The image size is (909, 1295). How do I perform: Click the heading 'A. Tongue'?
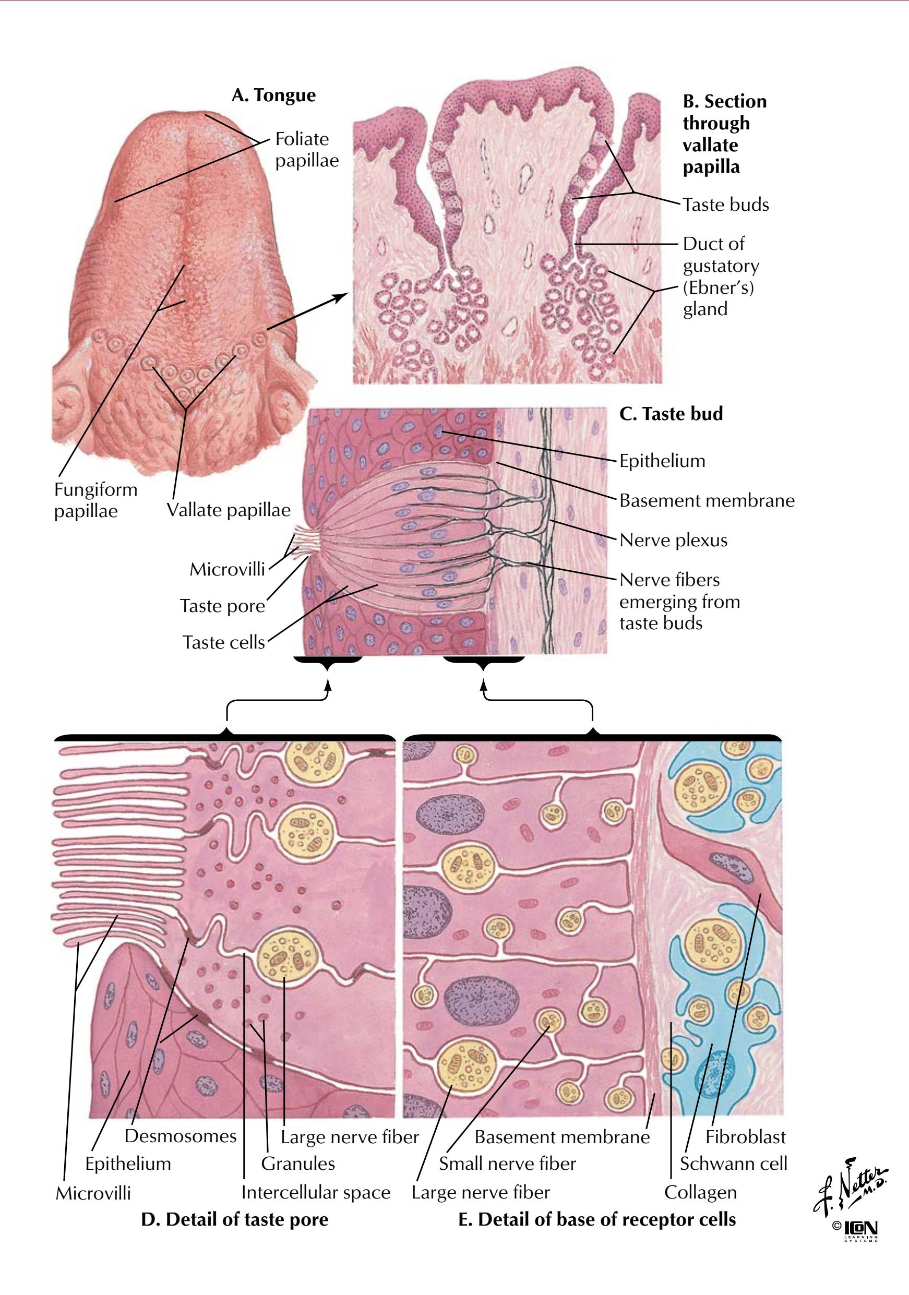coord(273,95)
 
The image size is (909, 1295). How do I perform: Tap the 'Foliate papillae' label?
coord(307,149)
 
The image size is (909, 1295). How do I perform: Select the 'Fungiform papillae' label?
coord(96,500)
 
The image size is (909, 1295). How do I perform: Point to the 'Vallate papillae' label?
coord(229,510)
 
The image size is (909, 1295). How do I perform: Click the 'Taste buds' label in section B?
coord(726,204)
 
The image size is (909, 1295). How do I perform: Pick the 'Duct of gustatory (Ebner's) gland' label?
coord(721,277)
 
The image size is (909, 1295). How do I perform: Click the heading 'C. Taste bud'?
coord(671,413)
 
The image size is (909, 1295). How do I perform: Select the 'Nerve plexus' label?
coord(673,540)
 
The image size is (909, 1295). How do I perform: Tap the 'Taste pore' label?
coord(222,606)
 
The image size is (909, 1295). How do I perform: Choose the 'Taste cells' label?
coord(223,642)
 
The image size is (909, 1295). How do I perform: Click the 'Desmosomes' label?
coord(181,1135)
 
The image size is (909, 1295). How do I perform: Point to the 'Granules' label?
coord(298,1163)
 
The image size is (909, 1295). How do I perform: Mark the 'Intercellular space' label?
coord(316,1192)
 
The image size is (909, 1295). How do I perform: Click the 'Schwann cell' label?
coord(734,1163)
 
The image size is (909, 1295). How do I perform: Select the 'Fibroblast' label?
coord(745,1136)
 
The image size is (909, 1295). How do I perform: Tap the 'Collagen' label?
coord(700,1192)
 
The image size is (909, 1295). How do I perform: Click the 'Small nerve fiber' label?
coord(507,1163)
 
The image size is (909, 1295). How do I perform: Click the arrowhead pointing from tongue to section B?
coord(340,297)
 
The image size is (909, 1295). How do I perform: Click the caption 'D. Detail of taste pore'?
coord(234,1219)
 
